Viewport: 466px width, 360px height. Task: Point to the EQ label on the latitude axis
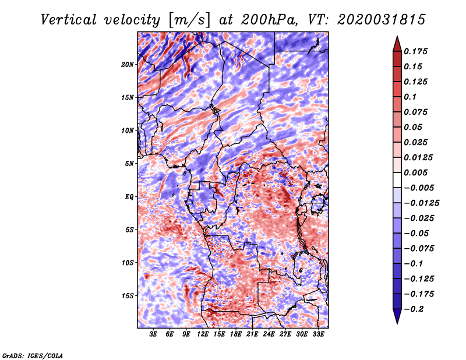129,196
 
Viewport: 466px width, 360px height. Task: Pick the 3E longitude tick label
154,334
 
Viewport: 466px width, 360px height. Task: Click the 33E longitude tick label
318,334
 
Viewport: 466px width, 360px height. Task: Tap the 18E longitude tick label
236,334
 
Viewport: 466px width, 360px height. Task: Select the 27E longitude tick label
285,334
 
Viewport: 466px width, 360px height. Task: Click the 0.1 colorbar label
411,97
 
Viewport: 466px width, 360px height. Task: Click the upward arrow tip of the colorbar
396,38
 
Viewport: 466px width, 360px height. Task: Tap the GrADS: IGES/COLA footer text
32,355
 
